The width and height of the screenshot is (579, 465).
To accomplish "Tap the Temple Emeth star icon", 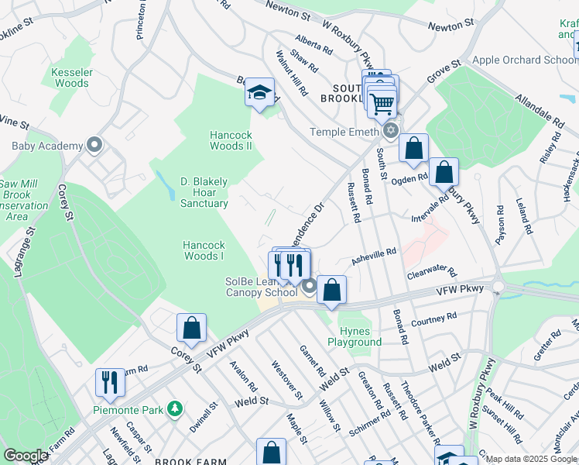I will pyautogui.click(x=391, y=132).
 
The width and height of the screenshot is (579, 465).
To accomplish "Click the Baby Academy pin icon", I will pyautogui.click(x=94, y=145).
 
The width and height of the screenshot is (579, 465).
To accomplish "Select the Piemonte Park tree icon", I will pyautogui.click(x=176, y=408).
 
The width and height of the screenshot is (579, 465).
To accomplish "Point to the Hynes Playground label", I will pyautogui.click(x=355, y=336).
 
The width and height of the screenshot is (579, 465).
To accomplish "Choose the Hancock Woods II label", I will pyautogui.click(x=231, y=140).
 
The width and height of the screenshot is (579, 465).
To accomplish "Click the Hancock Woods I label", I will pyautogui.click(x=204, y=250).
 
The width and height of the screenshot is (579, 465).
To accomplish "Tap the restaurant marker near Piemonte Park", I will pyautogui.click(x=108, y=382).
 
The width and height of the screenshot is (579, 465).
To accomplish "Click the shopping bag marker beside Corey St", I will pyautogui.click(x=191, y=327).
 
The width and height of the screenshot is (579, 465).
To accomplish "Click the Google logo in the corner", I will pyautogui.click(x=26, y=456).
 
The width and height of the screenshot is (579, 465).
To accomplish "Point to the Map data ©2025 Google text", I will pyautogui.click(x=531, y=459).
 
